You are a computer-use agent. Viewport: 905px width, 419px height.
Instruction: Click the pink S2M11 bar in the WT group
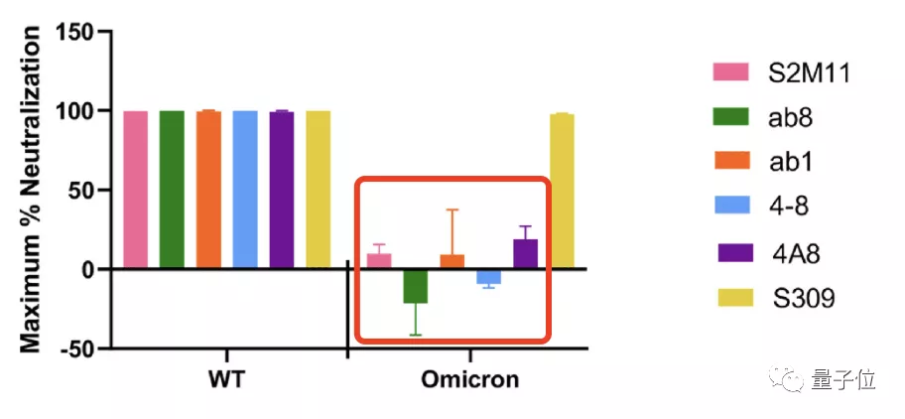click(136, 189)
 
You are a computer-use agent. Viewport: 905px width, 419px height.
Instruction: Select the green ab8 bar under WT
click(172, 189)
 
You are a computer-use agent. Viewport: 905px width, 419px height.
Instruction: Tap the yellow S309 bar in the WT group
click(318, 189)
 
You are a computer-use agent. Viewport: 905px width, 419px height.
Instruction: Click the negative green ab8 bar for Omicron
click(415, 286)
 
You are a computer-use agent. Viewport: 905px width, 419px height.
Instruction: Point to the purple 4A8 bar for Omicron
click(525, 254)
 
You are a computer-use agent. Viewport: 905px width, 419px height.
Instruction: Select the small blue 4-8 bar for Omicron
click(488, 276)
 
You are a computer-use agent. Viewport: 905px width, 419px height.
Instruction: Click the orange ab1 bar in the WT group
click(208, 189)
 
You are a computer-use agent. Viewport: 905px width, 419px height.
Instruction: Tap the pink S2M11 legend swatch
click(730, 72)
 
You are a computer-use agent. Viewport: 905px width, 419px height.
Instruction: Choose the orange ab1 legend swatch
click(730, 162)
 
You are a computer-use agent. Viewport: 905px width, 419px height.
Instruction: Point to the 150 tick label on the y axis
click(74, 32)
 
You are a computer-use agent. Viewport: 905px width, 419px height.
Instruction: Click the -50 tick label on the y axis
click(74, 349)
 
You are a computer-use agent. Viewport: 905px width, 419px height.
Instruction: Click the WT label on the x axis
click(226, 380)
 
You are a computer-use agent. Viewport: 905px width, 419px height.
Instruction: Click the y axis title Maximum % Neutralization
click(31, 190)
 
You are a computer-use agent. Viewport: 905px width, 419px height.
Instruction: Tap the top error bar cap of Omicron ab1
click(452, 209)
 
